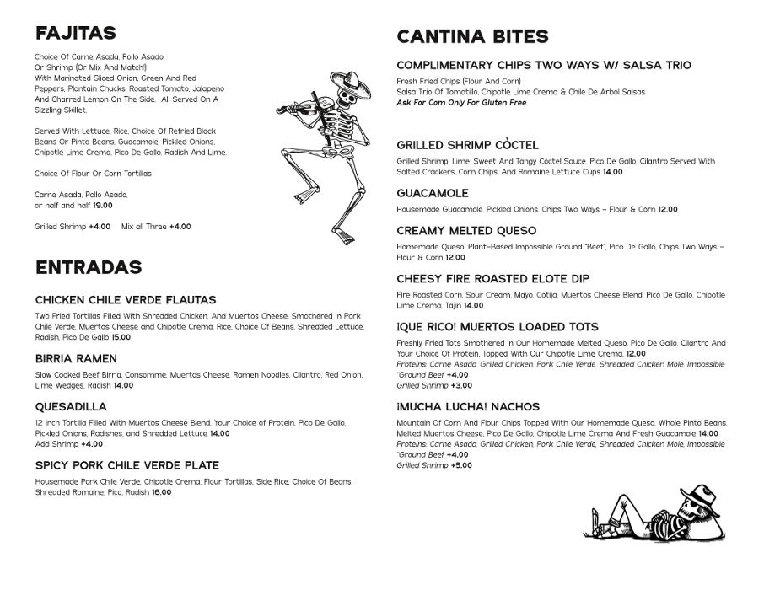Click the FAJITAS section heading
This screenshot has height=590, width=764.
75,33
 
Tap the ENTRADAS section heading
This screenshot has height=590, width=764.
88,267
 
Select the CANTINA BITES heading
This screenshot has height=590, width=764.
472,36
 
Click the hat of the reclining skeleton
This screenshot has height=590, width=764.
699,494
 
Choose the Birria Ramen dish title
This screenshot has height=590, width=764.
77,359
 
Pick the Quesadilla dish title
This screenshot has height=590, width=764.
71,407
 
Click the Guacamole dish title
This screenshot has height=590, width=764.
433,194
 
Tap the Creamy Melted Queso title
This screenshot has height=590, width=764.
466,231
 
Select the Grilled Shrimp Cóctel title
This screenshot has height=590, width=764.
467,145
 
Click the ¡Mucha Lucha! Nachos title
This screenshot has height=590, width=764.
468,407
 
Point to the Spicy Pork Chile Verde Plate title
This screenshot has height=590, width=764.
127,465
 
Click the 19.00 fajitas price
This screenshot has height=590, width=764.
102,205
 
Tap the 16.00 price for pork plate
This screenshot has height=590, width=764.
161,492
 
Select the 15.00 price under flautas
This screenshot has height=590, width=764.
121,337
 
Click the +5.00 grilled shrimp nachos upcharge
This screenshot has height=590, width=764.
461,465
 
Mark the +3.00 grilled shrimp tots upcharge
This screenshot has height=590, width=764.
461,385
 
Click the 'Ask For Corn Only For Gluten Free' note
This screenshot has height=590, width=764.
461,103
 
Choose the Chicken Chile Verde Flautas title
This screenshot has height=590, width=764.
126,300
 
